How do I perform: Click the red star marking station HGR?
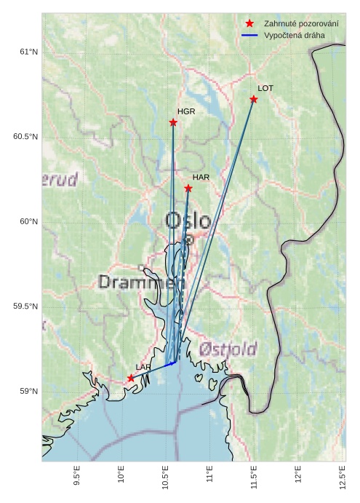click(173, 122)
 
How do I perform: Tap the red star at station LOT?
click(254, 99)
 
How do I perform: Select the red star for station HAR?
click(188, 189)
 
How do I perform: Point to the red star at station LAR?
click(131, 378)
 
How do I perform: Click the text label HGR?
click(186, 111)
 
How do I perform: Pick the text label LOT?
click(265, 88)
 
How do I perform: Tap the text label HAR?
click(201, 177)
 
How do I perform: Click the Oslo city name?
click(188, 221)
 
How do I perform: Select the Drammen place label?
click(137, 282)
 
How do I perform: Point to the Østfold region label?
click(228, 349)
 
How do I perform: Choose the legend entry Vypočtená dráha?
click(295, 35)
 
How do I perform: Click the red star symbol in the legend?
click(249, 24)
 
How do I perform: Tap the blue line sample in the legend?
click(249, 35)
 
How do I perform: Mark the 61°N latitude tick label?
click(28, 52)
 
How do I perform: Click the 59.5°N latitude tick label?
click(25, 306)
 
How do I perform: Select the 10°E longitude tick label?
click(121, 478)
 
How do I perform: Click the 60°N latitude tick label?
click(28, 221)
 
